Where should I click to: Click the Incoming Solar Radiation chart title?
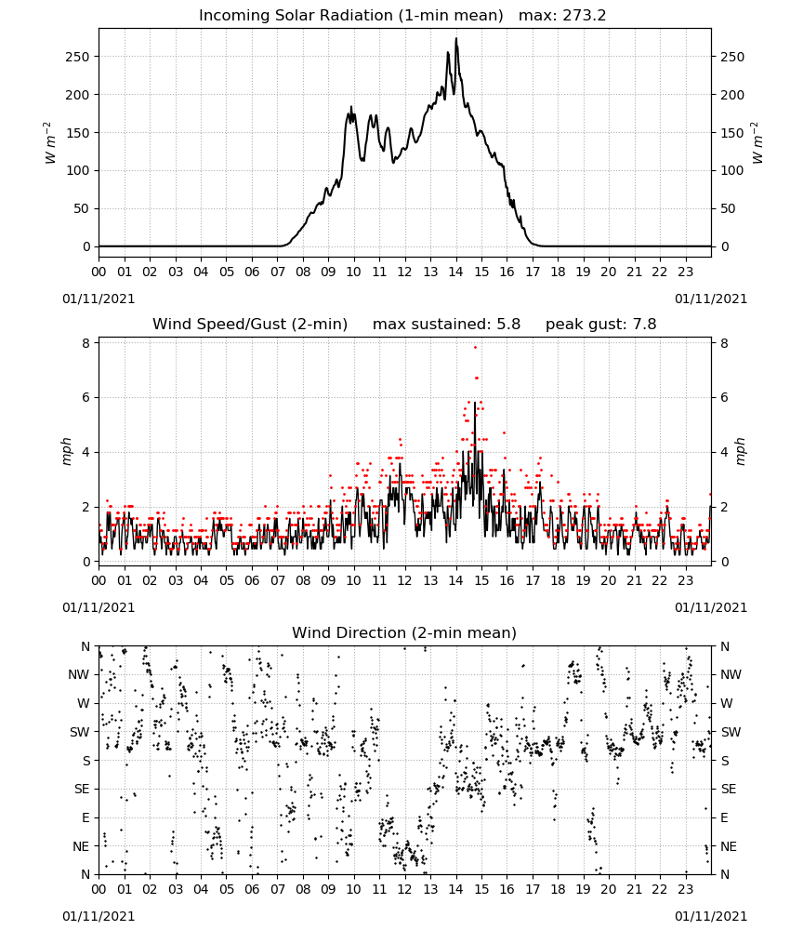click(x=350, y=16)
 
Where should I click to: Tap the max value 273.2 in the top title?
click(x=584, y=16)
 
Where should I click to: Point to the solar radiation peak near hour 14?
click(x=456, y=38)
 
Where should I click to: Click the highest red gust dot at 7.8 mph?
click(x=475, y=348)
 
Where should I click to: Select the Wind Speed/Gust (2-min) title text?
click(x=250, y=325)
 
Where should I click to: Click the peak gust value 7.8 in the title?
click(x=644, y=325)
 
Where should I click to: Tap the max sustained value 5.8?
click(x=508, y=325)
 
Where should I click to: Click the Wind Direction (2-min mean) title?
click(x=404, y=632)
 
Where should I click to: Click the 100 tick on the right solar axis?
click(x=732, y=171)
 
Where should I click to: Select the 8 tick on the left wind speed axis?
click(x=86, y=343)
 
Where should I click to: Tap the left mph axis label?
click(x=66, y=452)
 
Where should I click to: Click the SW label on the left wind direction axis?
click(x=80, y=732)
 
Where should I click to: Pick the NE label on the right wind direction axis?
click(x=729, y=846)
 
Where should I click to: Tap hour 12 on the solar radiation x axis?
click(x=405, y=272)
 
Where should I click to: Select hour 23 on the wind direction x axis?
click(x=686, y=889)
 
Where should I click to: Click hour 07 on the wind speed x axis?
click(x=277, y=580)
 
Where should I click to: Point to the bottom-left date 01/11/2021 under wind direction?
click(x=99, y=916)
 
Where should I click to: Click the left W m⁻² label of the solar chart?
click(x=50, y=143)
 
